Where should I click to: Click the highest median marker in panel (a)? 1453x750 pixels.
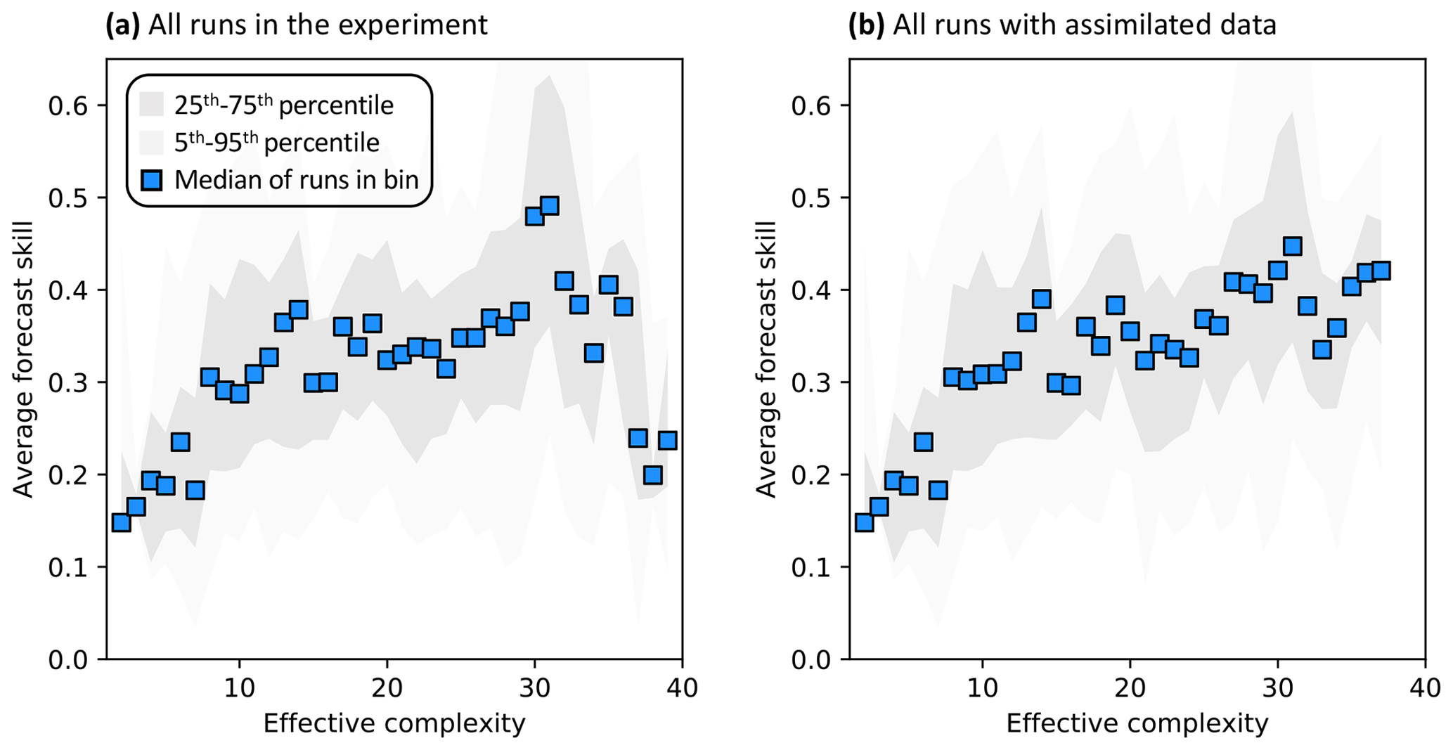[x=550, y=206]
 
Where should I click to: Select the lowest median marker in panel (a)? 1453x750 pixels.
[x=121, y=522]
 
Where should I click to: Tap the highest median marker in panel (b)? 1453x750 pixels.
[x=1292, y=246]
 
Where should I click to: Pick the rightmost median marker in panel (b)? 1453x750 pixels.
[x=1381, y=271]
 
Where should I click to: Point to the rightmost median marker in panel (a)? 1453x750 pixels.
[x=667, y=440]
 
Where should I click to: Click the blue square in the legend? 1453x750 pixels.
[x=151, y=180]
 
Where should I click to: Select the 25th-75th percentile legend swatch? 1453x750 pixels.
[x=151, y=105]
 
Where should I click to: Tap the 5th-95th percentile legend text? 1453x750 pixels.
[x=277, y=143]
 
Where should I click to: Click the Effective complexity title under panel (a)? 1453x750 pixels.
[x=394, y=723]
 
